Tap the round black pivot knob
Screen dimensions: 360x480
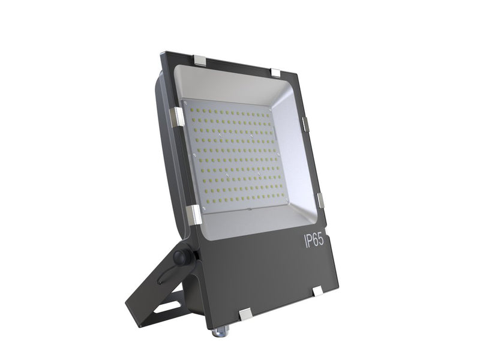click(180, 257)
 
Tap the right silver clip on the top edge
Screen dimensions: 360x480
click(275, 72)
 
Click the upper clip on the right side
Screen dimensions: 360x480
click(304, 124)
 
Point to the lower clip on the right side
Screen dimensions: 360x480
click(320, 200)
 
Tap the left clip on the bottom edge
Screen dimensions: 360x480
click(244, 314)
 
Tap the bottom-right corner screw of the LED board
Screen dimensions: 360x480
click(287, 201)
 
